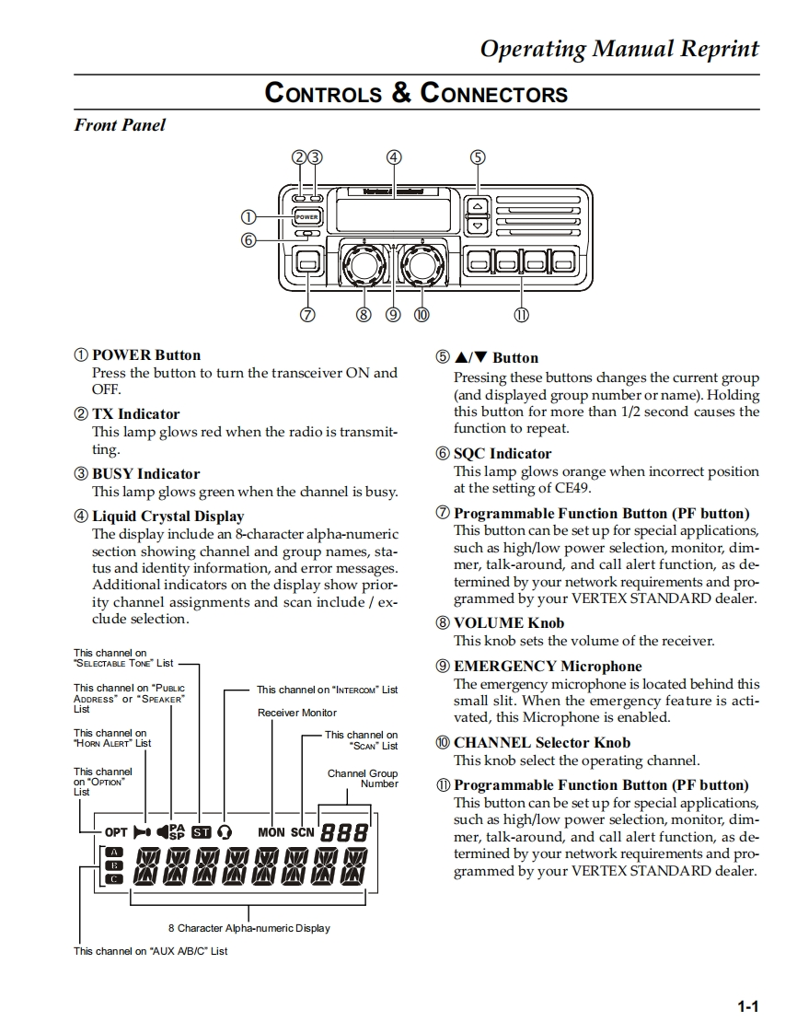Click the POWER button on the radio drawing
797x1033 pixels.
(x=306, y=217)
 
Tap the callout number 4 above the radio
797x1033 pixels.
(x=394, y=157)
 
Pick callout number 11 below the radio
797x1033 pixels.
(x=521, y=315)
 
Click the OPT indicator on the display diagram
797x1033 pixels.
(x=116, y=832)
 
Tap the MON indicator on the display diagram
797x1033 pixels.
(x=271, y=832)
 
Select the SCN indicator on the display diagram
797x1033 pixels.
(x=303, y=832)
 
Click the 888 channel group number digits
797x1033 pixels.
(x=344, y=832)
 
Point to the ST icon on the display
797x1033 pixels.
(x=201, y=832)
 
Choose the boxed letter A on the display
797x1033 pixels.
(x=115, y=852)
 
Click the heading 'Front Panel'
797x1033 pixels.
(x=120, y=125)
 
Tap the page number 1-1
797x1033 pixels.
(x=747, y=1006)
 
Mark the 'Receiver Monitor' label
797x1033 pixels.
(x=297, y=713)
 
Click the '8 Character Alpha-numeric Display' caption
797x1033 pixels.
(x=248, y=928)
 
